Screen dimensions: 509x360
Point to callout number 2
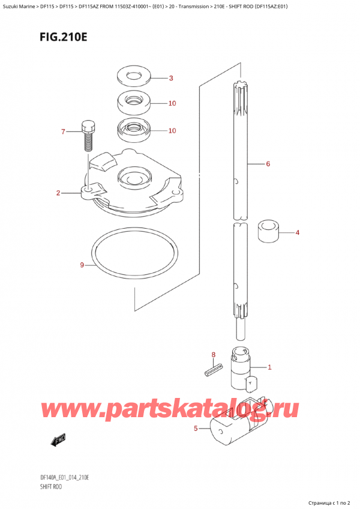[58, 193]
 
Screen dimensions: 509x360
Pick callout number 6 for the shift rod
[268, 164]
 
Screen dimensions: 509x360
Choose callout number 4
[297, 232]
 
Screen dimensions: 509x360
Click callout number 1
[269, 367]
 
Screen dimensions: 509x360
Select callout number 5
[196, 428]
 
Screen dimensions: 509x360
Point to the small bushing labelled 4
[269, 232]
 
